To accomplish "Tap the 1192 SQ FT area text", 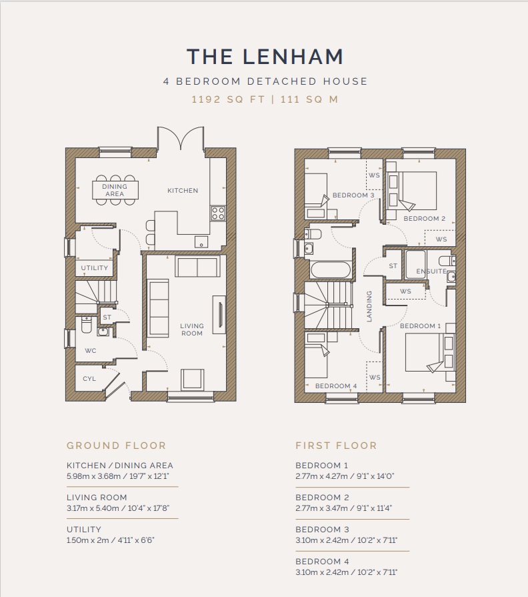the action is pyautogui.click(x=228, y=99).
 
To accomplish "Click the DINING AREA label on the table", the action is pyautogui.click(x=115, y=190).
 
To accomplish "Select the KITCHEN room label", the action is pyautogui.click(x=183, y=190).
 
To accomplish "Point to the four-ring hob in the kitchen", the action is pyautogui.click(x=218, y=213).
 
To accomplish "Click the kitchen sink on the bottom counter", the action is pyautogui.click(x=201, y=241).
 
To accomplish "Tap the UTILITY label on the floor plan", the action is pyautogui.click(x=95, y=267).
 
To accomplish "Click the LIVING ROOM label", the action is pyautogui.click(x=192, y=330).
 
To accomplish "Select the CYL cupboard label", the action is pyautogui.click(x=89, y=378).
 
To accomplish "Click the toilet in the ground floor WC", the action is pyautogui.click(x=87, y=325).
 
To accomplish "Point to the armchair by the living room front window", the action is pyautogui.click(x=192, y=380).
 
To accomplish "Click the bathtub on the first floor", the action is pyautogui.click(x=330, y=270).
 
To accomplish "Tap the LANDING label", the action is pyautogui.click(x=369, y=306).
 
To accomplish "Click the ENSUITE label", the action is pyautogui.click(x=431, y=271).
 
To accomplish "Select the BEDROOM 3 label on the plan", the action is pyautogui.click(x=353, y=195).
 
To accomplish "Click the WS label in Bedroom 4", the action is pyautogui.click(x=375, y=378).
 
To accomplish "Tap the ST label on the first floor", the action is pyautogui.click(x=393, y=266).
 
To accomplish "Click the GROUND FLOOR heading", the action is pyautogui.click(x=117, y=446).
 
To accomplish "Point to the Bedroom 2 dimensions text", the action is pyautogui.click(x=344, y=508).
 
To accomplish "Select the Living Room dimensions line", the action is pyautogui.click(x=118, y=508).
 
